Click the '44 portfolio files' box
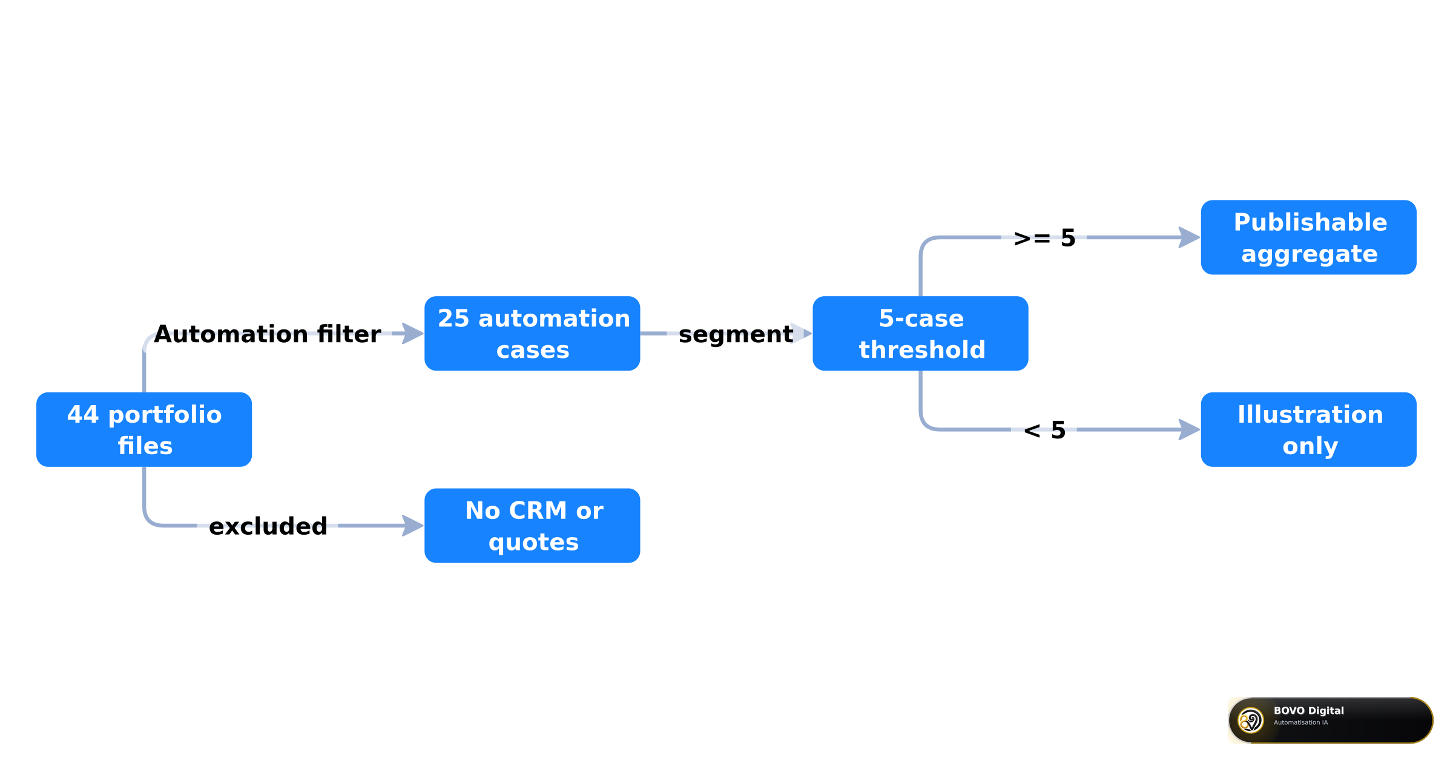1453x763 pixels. point(144,429)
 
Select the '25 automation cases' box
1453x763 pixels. point(532,334)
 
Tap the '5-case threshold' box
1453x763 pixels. point(920,334)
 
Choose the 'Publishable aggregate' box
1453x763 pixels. point(1308,237)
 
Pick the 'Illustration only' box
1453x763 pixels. point(1308,429)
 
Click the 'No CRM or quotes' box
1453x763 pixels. point(532,526)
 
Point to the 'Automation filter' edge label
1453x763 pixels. point(268,334)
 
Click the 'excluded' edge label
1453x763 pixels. point(268,526)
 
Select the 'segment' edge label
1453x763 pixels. point(736,334)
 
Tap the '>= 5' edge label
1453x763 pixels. point(1044,238)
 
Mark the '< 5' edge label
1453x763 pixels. point(1044,430)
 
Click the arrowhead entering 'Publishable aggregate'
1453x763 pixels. point(1190,237)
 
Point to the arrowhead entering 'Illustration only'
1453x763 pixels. point(1190,429)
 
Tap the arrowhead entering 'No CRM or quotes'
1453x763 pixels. point(413,526)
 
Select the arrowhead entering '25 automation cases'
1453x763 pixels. point(413,334)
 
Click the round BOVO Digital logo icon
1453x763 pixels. point(1250,721)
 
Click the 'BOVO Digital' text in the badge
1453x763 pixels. point(1308,711)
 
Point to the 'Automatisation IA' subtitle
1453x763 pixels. point(1300,722)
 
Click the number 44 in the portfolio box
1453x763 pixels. point(83,415)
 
